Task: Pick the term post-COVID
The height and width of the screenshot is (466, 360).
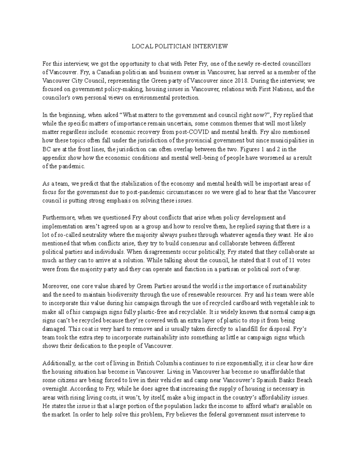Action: click(210, 132)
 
